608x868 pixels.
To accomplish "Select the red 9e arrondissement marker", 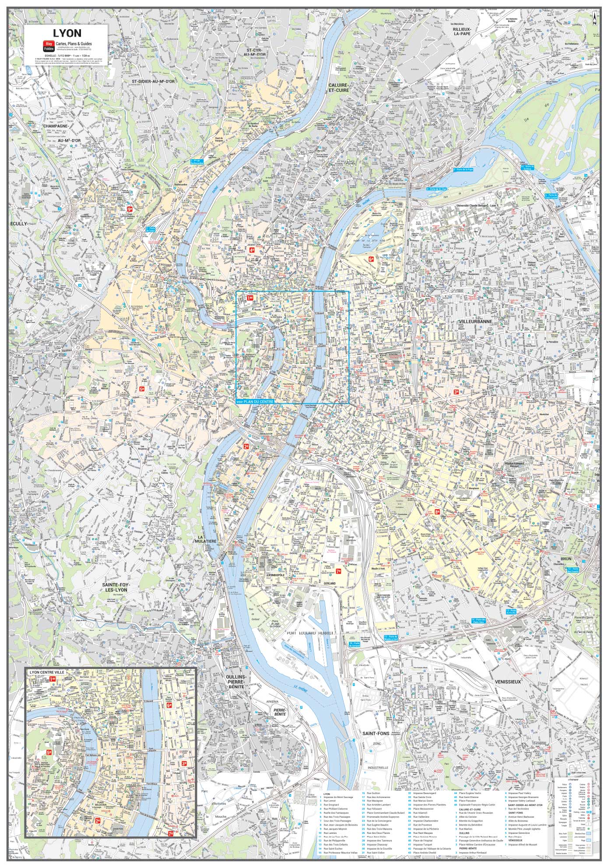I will click(130, 209).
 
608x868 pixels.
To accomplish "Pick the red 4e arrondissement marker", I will click(252, 250).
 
